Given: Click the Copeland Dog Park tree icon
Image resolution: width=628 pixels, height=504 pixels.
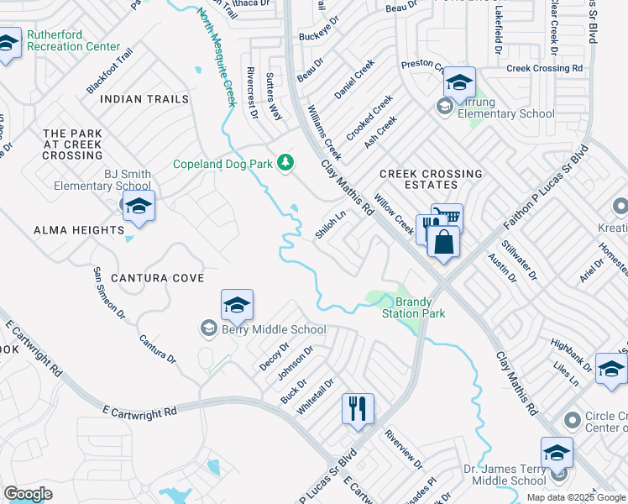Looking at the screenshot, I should coord(285,162).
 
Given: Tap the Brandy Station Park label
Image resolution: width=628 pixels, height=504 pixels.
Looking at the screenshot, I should coord(413,307).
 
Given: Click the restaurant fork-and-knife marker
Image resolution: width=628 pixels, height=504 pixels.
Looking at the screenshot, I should coord(358,408).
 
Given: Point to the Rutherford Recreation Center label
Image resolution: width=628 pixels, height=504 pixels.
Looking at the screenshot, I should coord(73,40).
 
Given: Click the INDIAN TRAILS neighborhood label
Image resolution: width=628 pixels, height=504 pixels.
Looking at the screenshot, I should coord(144,99).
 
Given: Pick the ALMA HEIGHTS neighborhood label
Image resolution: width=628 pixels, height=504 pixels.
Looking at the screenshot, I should coord(79,230).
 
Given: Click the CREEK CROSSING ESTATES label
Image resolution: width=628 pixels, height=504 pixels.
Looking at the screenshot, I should coord(431,180).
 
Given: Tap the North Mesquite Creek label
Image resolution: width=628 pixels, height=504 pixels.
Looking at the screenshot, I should coord(216,56).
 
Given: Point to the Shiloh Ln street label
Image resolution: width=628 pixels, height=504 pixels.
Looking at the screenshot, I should coord(330,225).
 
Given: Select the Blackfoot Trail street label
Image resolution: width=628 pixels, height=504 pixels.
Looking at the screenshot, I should coord(109,71).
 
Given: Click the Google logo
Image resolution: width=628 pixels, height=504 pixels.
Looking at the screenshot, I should coord(28,494).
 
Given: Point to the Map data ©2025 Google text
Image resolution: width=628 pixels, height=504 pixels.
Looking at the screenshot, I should coord(574,497).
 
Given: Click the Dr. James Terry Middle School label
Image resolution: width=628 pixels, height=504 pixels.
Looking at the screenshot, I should coord(505,475).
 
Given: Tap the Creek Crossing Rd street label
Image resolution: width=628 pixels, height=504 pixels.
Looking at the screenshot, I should coord(544,68).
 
